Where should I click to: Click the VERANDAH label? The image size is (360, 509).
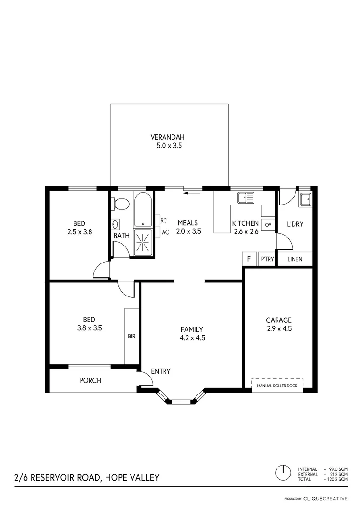point(169,137)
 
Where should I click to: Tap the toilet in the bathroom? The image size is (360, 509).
point(121,204)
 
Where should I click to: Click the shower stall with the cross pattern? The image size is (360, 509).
point(143,242)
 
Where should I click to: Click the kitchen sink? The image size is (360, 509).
point(245,198)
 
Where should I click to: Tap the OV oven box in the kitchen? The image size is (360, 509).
point(268,224)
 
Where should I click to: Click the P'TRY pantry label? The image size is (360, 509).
point(267,259)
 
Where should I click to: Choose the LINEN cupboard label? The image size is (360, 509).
point(295,259)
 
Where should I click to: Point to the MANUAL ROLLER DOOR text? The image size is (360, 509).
point(277,385)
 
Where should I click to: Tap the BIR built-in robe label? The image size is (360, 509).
point(131,337)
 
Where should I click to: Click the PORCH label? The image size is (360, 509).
point(90,380)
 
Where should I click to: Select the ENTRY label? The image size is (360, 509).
point(161,371)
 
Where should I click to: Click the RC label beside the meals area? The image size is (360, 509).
point(164,221)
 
